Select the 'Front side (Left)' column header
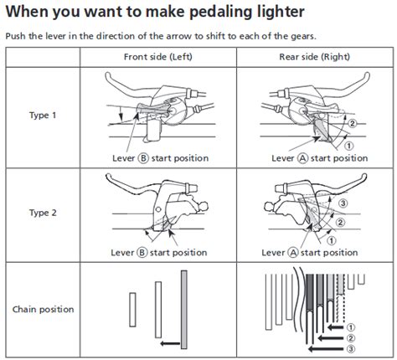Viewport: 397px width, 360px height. click(158, 57)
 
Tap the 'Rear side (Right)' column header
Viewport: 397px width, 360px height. click(315, 57)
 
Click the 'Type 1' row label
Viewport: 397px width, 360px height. click(43, 115)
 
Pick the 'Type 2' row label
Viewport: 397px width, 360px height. click(43, 213)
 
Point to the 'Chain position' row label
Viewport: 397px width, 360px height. click(44, 309)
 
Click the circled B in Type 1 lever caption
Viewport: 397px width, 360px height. click(143, 158)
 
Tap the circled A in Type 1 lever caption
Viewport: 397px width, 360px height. click(302, 158)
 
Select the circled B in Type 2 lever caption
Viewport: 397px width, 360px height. click(142, 253)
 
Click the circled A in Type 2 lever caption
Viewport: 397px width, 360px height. click(292, 253)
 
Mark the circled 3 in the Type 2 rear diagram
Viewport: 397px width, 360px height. click(343, 203)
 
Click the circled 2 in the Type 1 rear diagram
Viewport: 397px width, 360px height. click(353, 123)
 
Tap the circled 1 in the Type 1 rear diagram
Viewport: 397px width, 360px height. click(348, 146)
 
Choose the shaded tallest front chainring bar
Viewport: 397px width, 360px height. click(184, 310)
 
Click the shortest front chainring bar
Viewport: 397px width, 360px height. click(132, 310)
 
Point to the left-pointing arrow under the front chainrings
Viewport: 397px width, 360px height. click(170, 343)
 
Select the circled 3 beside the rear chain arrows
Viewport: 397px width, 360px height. click(351, 349)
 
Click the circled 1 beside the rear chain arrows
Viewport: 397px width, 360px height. click(351, 327)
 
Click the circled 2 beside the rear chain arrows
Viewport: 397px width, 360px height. click(351, 338)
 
